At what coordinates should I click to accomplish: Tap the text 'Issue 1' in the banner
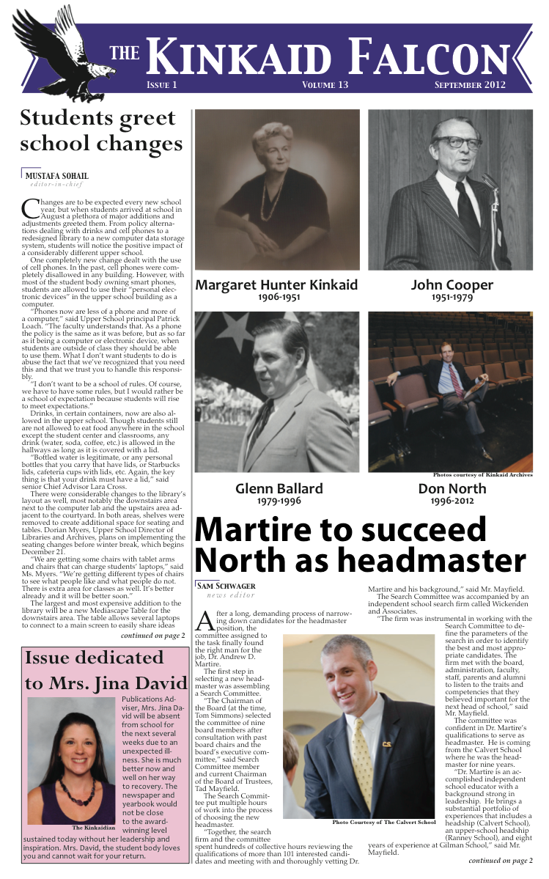tap(162, 86)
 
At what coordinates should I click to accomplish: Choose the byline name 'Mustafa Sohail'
tap(57, 176)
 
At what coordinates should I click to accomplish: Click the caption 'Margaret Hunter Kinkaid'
tap(277, 285)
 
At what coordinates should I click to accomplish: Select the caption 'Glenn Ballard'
tap(279, 488)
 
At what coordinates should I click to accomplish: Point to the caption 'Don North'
tap(452, 488)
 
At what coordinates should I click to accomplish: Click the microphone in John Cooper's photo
tap(488, 183)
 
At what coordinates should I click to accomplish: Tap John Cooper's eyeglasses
tap(457, 141)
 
